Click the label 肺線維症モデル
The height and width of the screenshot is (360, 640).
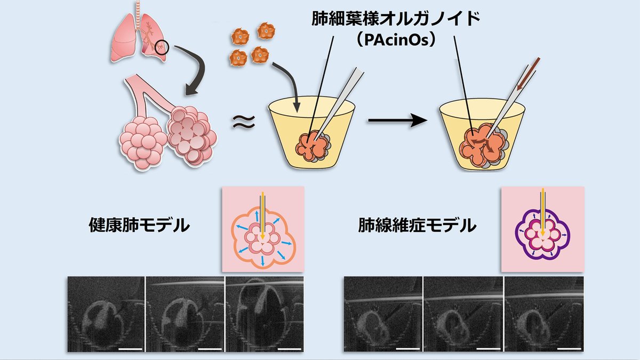[417, 226]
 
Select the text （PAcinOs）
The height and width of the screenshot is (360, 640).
[396, 42]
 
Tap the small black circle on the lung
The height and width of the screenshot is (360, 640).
[162, 49]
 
